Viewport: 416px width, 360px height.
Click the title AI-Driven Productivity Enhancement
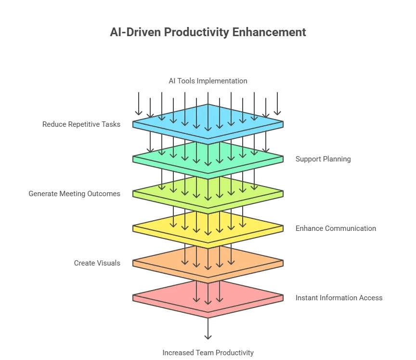click(208, 32)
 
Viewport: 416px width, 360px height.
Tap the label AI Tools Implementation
click(208, 81)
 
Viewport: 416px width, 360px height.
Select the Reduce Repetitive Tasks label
click(81, 124)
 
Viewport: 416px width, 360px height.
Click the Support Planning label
click(323, 159)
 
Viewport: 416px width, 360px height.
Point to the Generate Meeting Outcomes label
click(74, 194)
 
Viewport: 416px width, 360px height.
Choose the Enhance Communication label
click(336, 228)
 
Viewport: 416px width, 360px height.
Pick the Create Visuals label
click(97, 263)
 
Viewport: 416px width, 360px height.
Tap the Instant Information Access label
click(339, 298)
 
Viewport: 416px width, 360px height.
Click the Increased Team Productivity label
click(208, 353)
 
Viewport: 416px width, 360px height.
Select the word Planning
click(337, 159)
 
